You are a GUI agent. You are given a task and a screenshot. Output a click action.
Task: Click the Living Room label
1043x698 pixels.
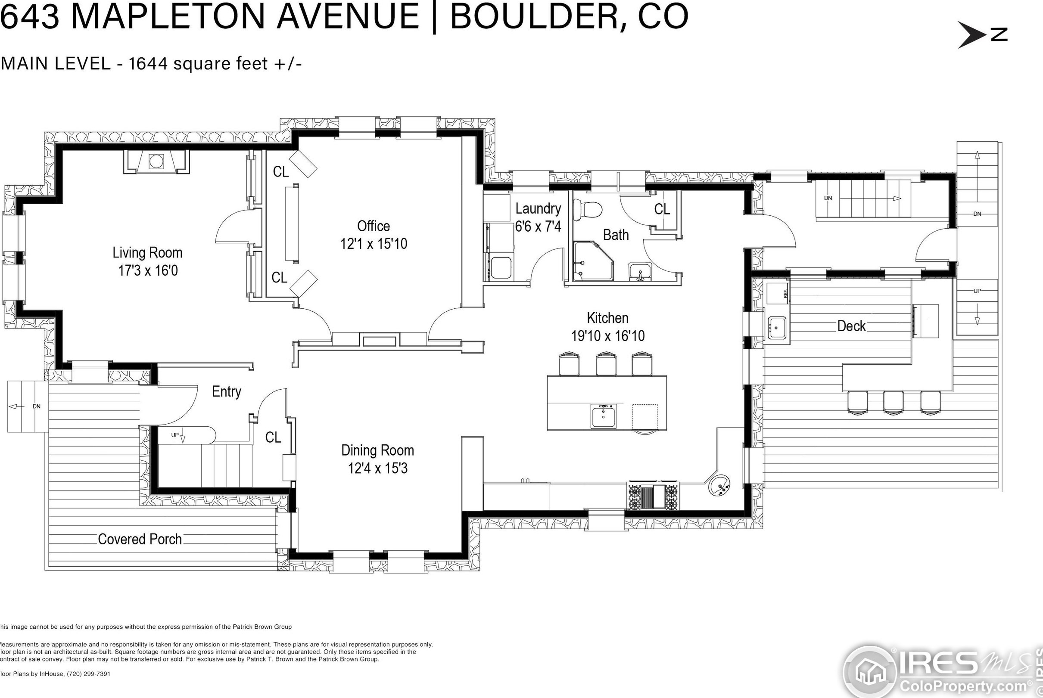[147, 253]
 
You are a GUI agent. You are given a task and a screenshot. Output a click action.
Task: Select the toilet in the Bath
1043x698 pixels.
[587, 209]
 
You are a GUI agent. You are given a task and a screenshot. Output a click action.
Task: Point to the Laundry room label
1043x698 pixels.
[538, 208]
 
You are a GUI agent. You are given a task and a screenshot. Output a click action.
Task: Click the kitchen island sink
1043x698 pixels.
[604, 416]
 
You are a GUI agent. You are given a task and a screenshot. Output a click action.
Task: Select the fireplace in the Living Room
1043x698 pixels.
[156, 161]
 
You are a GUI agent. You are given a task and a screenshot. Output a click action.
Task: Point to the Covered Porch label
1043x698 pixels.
[140, 540]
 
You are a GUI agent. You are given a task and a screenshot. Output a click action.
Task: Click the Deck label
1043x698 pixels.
[851, 326]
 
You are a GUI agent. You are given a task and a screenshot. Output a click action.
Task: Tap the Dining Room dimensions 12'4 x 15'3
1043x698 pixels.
[378, 469]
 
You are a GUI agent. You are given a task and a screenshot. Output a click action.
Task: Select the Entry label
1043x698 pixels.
[226, 392]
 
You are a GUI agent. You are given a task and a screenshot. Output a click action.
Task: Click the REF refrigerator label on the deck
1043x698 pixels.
[786, 294]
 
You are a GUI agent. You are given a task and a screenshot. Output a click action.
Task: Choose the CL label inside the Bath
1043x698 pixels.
[662, 209]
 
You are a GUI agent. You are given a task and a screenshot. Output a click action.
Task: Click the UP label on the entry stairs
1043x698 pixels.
[175, 435]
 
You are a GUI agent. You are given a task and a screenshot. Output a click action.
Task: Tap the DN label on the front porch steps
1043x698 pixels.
[37, 406]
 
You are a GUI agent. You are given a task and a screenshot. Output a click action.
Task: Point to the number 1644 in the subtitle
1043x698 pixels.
[148, 64]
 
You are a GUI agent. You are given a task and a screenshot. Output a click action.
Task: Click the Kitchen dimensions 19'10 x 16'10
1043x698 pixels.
[608, 335]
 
